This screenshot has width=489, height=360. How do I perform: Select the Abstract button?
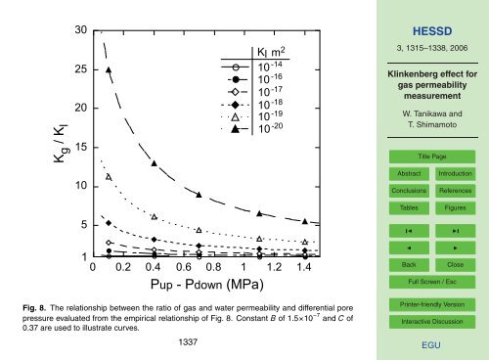(401, 173)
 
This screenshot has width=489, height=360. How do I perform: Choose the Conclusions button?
(401, 191)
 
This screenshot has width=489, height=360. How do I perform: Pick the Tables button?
(401, 208)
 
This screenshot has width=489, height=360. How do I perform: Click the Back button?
(401, 265)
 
